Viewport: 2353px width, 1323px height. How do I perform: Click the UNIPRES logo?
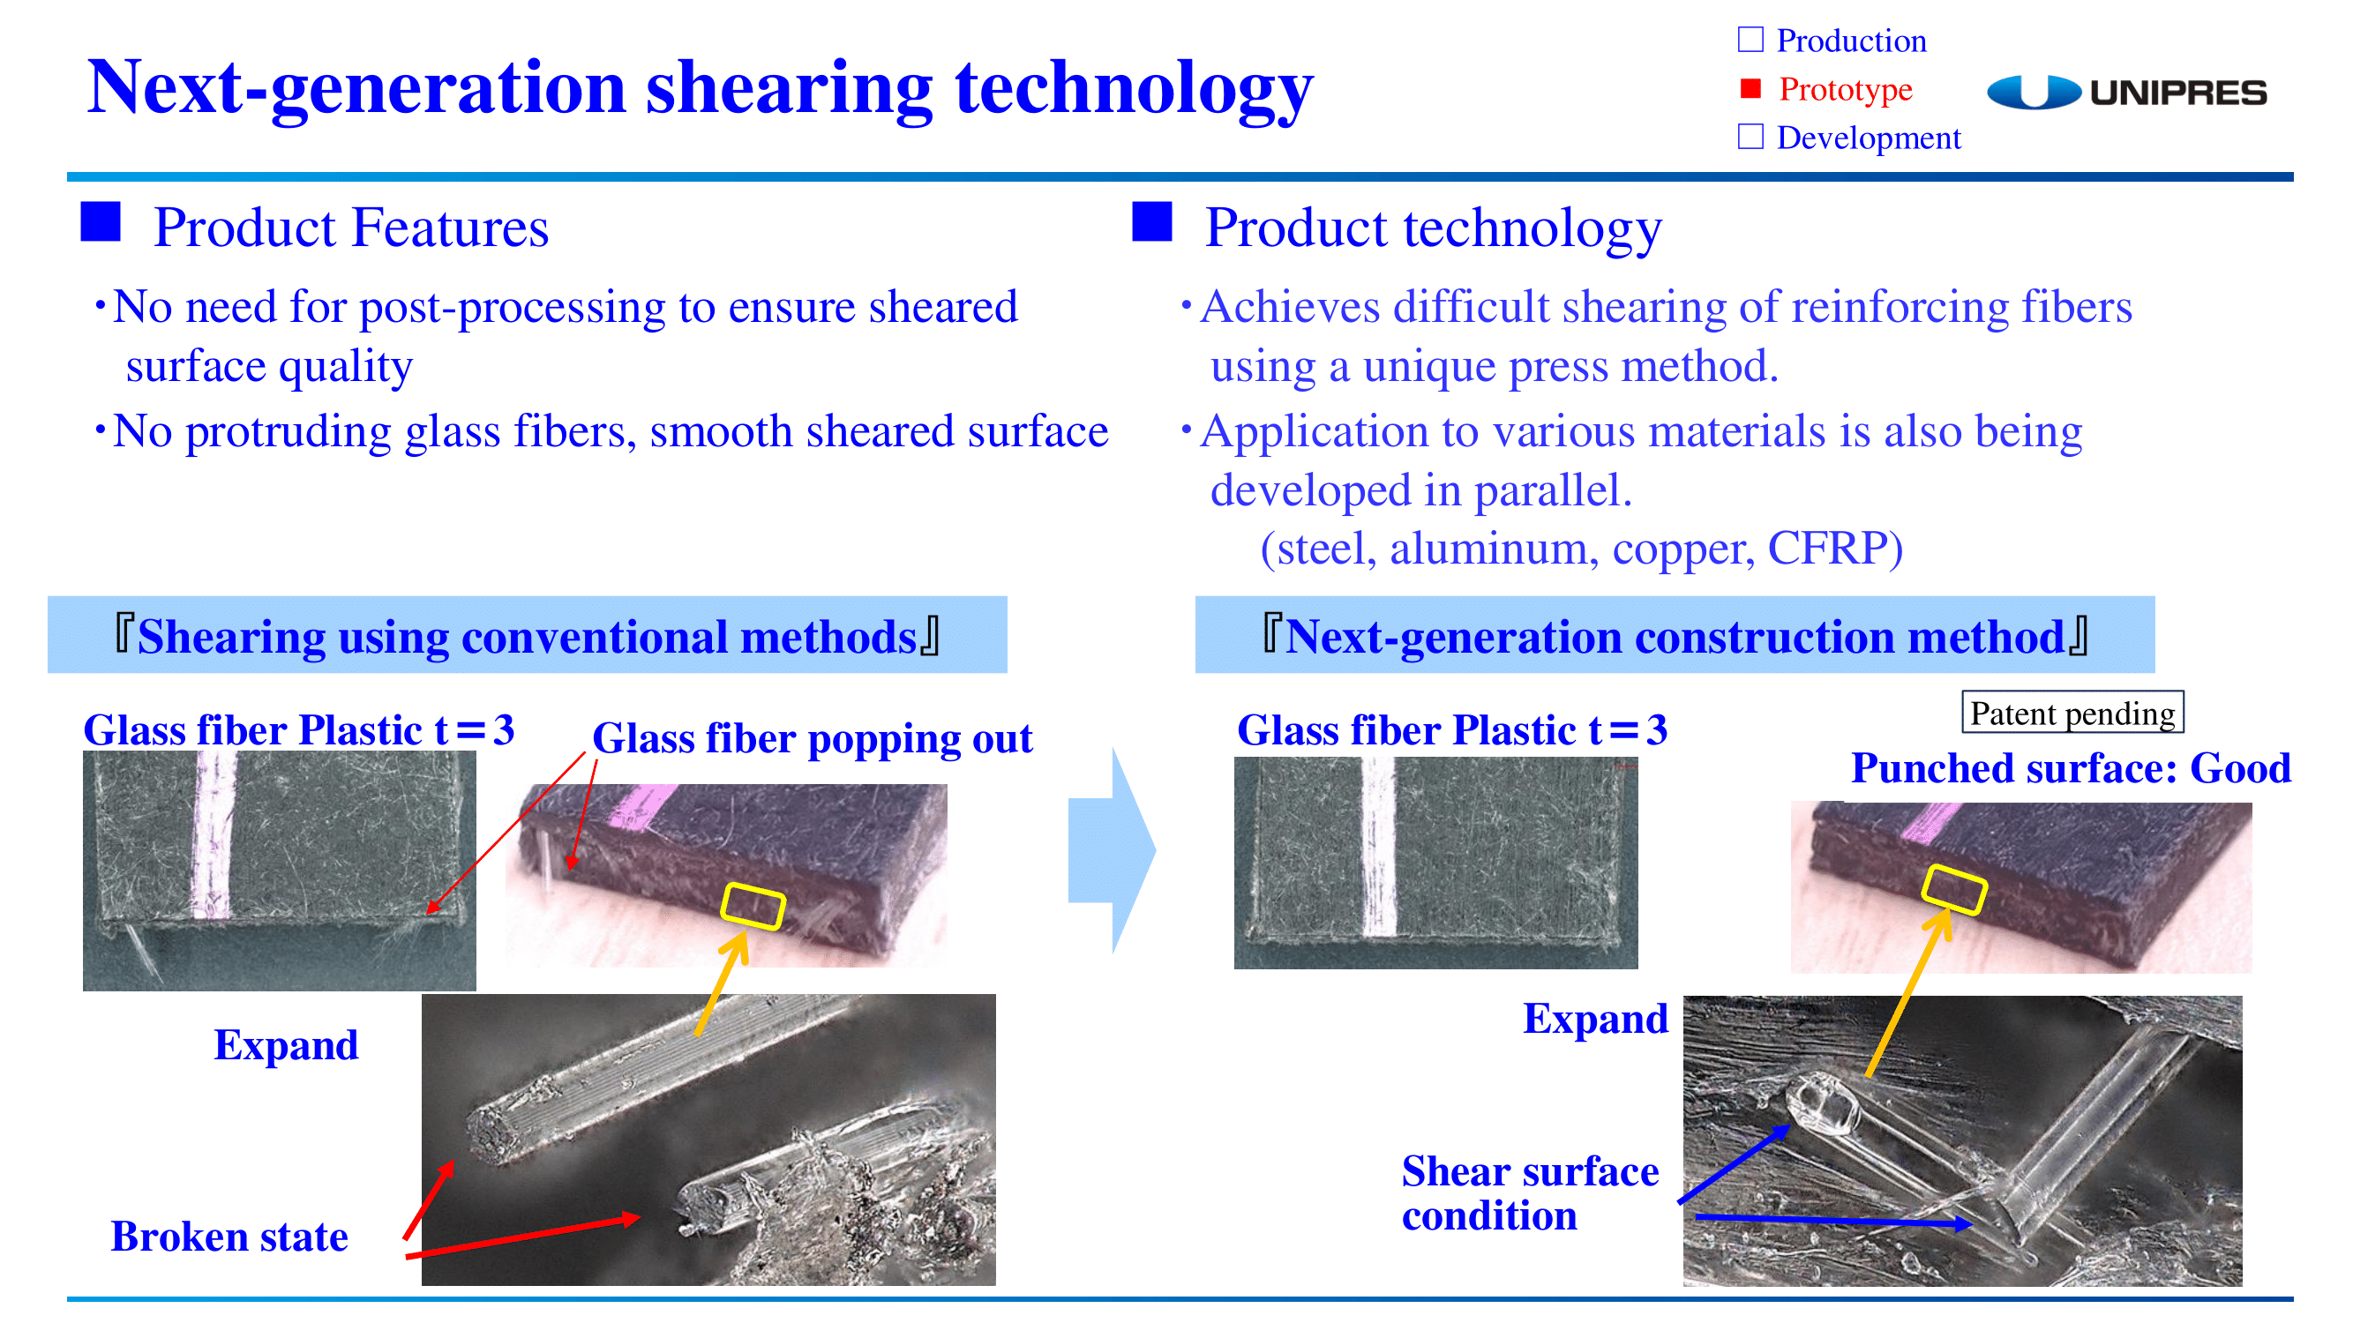click(x=2126, y=93)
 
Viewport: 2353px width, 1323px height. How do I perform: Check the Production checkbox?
click(x=1750, y=41)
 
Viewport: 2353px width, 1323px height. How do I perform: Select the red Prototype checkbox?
click(x=1750, y=88)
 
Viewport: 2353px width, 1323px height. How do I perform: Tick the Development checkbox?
click(x=1750, y=137)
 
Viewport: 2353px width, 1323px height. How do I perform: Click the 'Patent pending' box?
click(x=2072, y=712)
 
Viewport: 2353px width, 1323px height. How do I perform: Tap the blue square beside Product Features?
click(x=101, y=222)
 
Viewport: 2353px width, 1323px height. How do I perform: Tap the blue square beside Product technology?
click(x=1152, y=222)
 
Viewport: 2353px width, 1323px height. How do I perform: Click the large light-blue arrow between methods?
click(x=1112, y=850)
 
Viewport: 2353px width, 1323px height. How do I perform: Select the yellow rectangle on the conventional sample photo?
click(x=753, y=907)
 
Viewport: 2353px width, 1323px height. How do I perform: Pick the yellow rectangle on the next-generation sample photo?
click(x=1955, y=889)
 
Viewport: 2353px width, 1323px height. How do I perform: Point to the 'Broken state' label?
click(x=229, y=1237)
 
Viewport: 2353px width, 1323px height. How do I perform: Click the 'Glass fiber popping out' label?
click(x=812, y=738)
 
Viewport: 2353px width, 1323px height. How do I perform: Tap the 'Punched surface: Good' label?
click(x=2071, y=768)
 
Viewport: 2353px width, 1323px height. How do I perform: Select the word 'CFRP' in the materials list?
click(x=1835, y=549)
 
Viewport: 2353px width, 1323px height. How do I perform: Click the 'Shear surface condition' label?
click(x=1530, y=1193)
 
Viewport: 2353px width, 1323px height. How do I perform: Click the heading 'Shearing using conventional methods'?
click(x=527, y=637)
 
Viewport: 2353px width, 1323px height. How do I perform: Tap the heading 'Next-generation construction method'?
click(x=1675, y=637)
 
